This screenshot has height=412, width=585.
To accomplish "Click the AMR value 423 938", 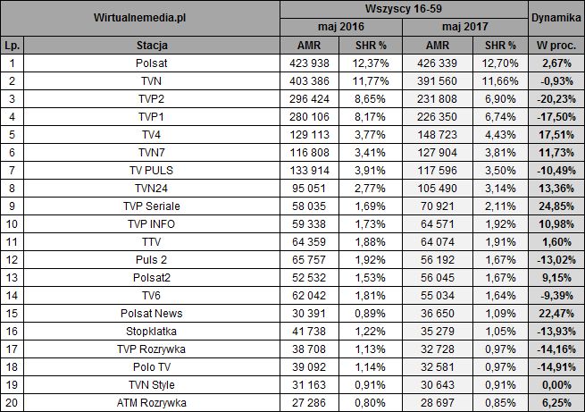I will coord(310,63).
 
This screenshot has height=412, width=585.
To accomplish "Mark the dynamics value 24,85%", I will coord(555,206).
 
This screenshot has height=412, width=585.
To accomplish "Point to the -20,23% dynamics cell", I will coord(555,98).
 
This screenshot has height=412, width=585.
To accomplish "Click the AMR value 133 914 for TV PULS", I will coord(310,170).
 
